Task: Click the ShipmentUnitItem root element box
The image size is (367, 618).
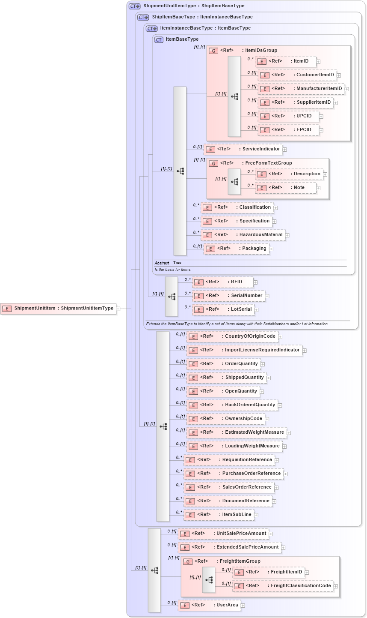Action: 59,309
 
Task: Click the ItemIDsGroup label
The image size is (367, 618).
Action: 261,51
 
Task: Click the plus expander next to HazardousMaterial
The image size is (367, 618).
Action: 287,235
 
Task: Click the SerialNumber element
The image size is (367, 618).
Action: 228,296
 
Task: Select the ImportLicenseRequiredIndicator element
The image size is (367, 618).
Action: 244,350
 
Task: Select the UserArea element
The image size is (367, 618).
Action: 209,605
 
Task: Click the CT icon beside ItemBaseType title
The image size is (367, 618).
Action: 159,39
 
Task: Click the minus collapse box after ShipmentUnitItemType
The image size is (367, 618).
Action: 118,309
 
